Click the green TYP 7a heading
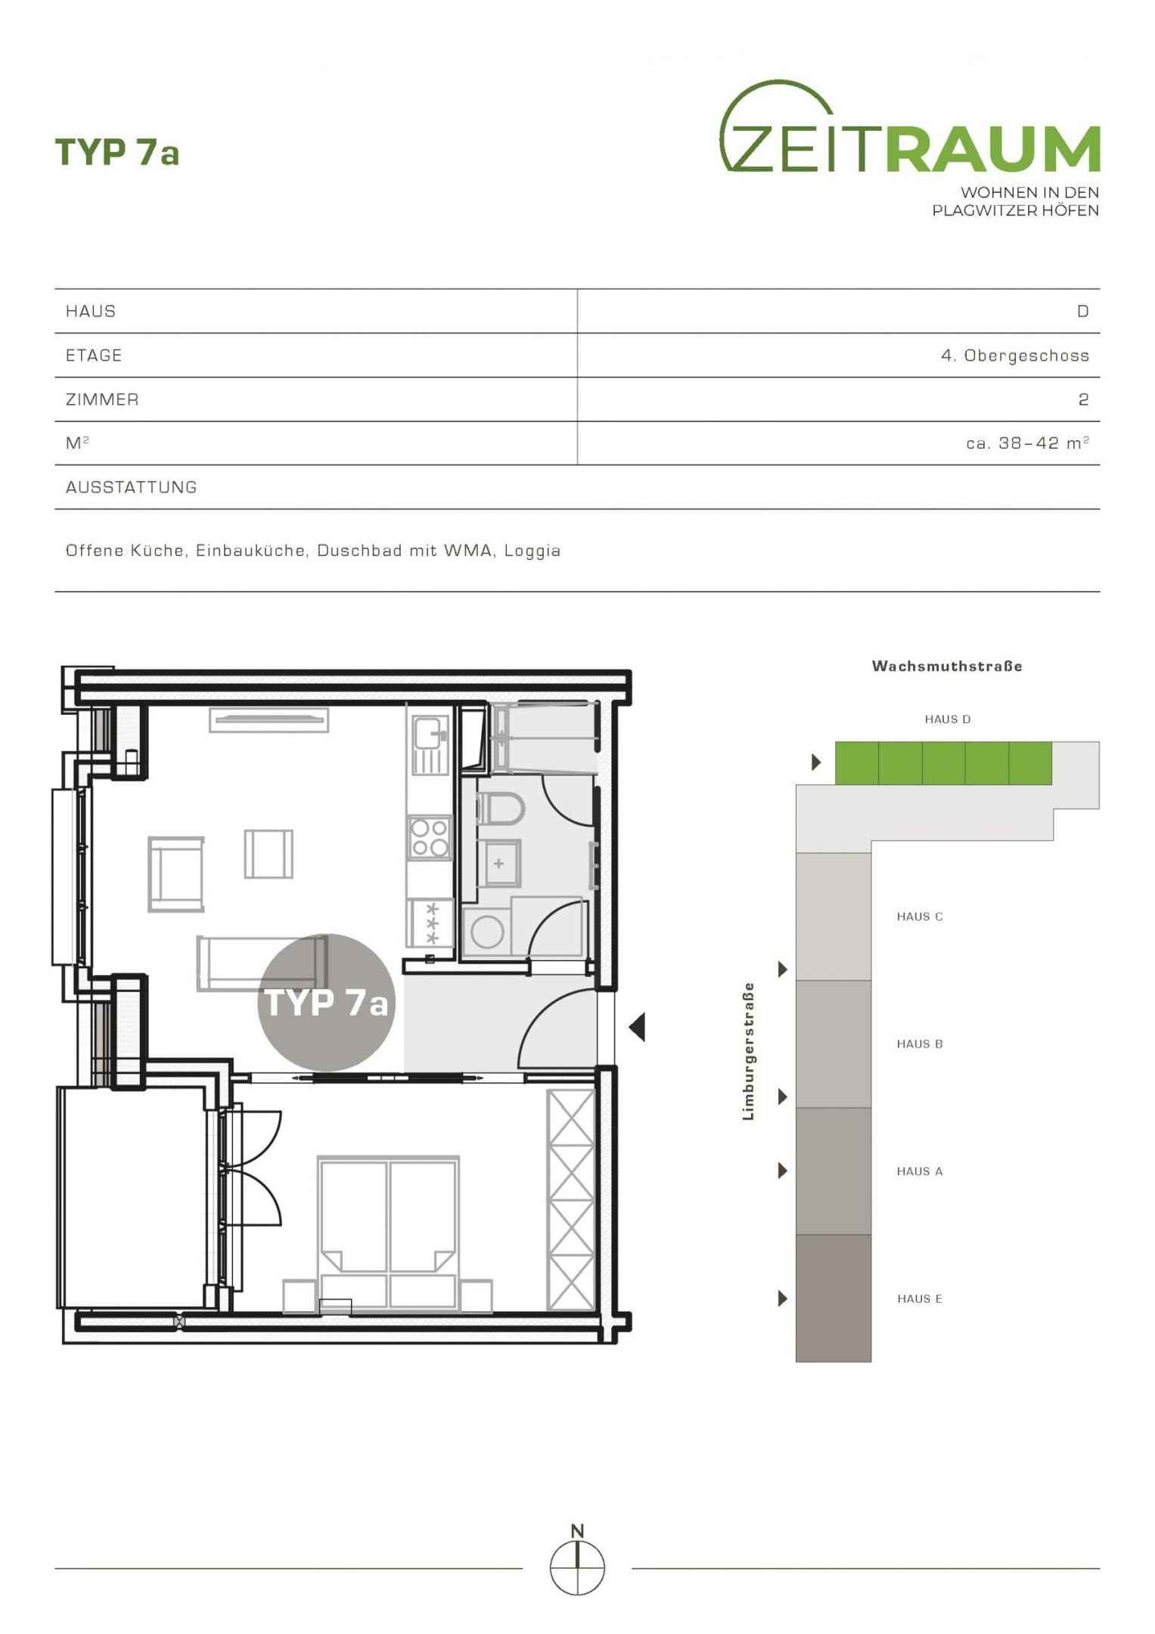[117, 152]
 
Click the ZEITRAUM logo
[910, 148]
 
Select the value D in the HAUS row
[1083, 312]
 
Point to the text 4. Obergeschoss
[1015, 356]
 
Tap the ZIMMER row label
[102, 399]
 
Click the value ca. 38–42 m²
[1028, 443]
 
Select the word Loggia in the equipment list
[532, 551]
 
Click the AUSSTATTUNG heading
[132, 487]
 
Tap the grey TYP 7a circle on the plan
[327, 1002]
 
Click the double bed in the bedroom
[388, 1233]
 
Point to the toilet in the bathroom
[500, 809]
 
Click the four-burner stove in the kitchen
[430, 837]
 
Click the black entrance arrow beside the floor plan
[637, 1027]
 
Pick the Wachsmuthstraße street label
[947, 666]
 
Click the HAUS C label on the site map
[920, 917]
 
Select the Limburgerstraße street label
[748, 1052]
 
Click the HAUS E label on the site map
[920, 1299]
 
